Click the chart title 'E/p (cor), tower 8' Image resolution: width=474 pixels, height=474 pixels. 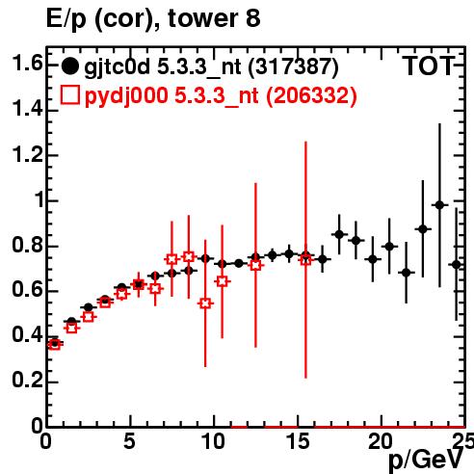tap(153, 19)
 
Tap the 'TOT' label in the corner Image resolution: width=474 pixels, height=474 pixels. tap(429, 66)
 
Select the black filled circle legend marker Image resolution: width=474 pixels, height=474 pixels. tap(69, 66)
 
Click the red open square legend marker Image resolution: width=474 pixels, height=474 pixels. tap(69, 94)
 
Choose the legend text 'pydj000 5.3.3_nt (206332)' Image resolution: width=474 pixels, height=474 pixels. tap(221, 96)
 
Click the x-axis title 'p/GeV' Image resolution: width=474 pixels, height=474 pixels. tap(426, 460)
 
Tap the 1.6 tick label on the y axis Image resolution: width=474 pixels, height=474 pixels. tap(27, 64)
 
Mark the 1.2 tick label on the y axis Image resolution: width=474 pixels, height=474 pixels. tap(27, 154)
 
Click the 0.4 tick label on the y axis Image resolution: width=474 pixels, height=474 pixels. tap(27, 334)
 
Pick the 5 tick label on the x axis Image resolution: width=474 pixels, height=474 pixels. tap(129, 441)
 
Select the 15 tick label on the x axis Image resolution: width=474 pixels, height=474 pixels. tap(299, 441)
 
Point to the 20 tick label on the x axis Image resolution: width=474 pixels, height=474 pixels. tap(381, 441)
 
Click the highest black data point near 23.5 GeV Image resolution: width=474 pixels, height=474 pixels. tap(439, 205)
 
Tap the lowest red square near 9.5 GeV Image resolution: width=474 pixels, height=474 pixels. tap(205, 303)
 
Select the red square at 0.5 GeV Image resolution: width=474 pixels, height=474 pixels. tap(55, 345)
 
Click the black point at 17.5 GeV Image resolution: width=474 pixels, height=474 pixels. tap(339, 234)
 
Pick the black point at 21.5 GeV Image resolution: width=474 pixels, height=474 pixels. tap(407, 273)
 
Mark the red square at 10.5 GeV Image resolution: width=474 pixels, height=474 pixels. tap(223, 281)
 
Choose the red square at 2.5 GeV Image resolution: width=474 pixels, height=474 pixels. tap(88, 317)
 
